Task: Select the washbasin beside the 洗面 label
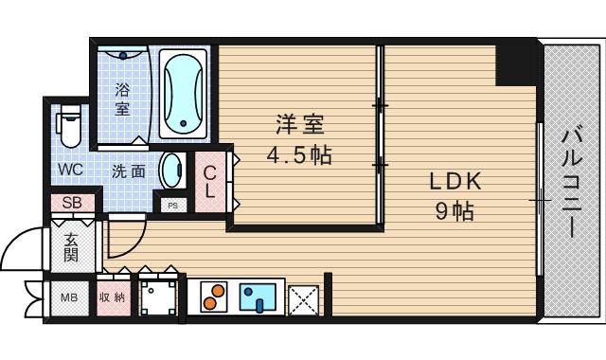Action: pyautogui.click(x=171, y=171)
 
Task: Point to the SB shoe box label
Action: pyautogui.click(x=72, y=203)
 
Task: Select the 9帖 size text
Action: pyautogui.click(x=454, y=211)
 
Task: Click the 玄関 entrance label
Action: pyautogui.click(x=72, y=247)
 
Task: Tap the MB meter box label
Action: pyautogui.click(x=69, y=297)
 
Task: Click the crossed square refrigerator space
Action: pyautogui.click(x=303, y=299)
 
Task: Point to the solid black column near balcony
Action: pyautogui.click(x=517, y=63)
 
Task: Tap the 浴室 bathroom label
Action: pyautogui.click(x=123, y=99)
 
